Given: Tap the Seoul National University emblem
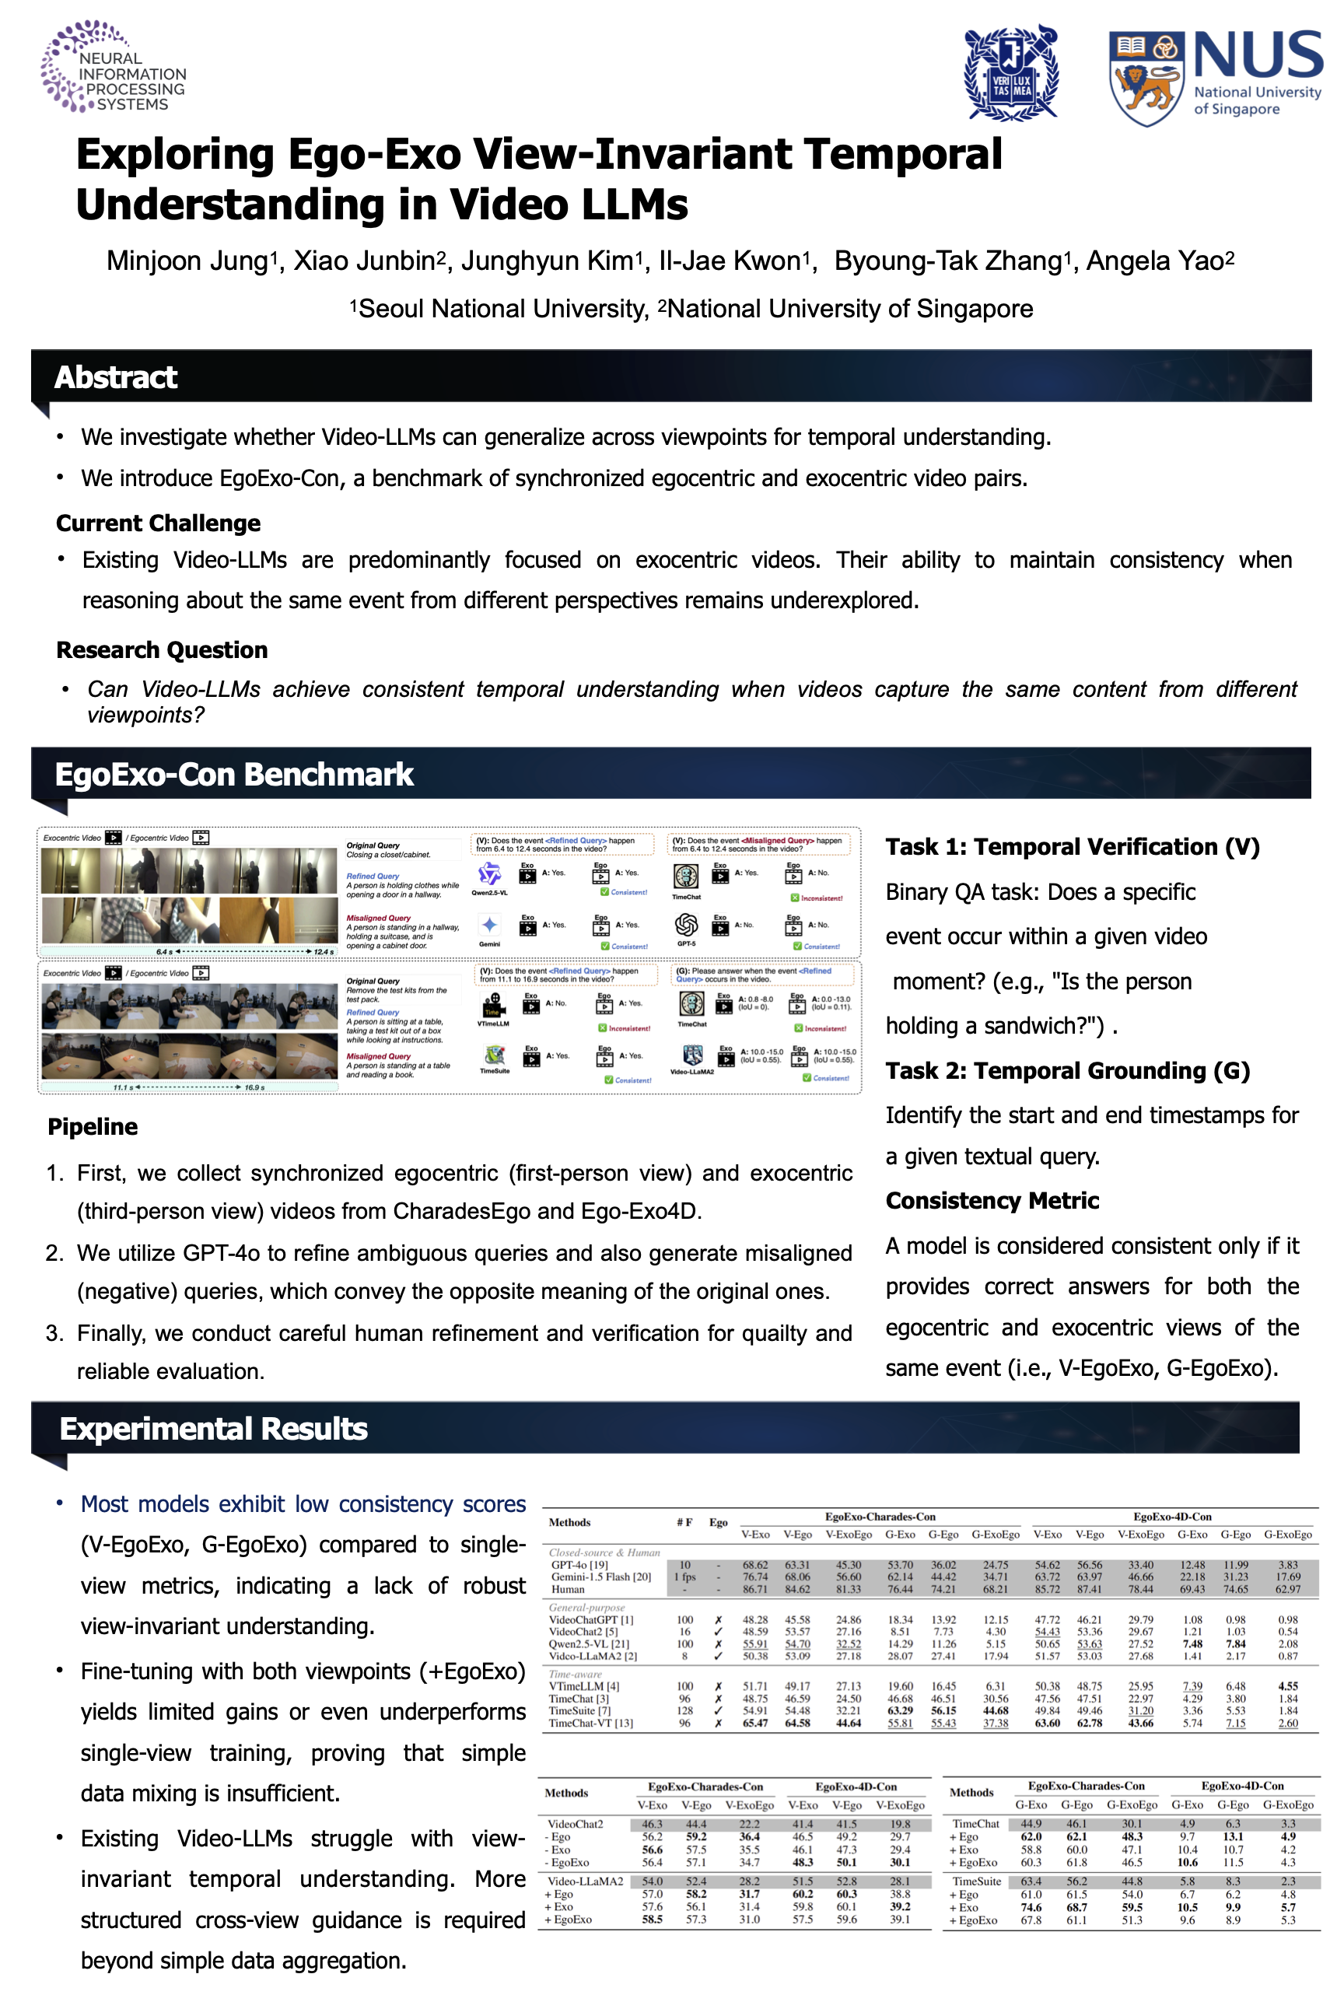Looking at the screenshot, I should pyautogui.click(x=1011, y=74).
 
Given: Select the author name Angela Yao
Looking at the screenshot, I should pyautogui.click(x=1160, y=261).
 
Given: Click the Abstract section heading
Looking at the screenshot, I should pyautogui.click(x=116, y=377).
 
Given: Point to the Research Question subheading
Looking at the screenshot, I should pyautogui.click(x=162, y=649).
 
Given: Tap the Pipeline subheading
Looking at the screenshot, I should pyautogui.click(x=93, y=1126).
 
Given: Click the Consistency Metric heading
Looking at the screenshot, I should pyautogui.click(x=992, y=1200).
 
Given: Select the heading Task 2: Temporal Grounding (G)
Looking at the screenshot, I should pyautogui.click(x=1067, y=1070).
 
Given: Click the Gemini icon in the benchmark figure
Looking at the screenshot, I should pyautogui.click(x=489, y=925).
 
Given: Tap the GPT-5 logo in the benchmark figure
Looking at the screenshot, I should pyautogui.click(x=686, y=925).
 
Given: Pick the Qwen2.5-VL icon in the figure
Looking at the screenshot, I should pyautogui.click(x=489, y=873).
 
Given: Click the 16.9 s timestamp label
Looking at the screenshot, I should pyautogui.click(x=254, y=1087).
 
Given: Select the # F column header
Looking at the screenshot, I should pyautogui.click(x=684, y=1522).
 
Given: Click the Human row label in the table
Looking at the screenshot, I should pyautogui.click(x=568, y=1589).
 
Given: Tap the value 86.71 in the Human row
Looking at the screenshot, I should pyautogui.click(x=755, y=1589).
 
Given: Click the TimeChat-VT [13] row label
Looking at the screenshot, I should pyautogui.click(x=590, y=1723).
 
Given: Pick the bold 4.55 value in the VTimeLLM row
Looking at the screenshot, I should pyautogui.click(x=1287, y=1686).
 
